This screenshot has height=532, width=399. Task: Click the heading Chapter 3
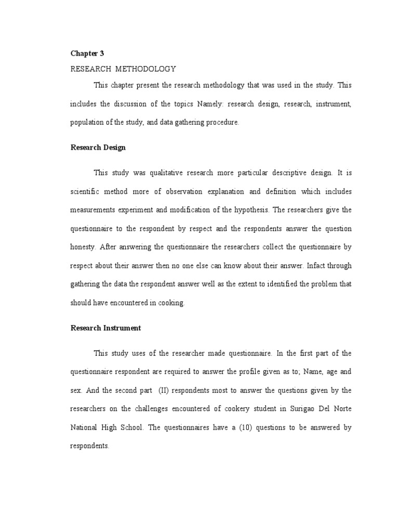click(x=84, y=53)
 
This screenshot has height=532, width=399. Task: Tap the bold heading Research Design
click(x=98, y=148)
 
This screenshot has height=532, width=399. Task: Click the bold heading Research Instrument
click(x=106, y=328)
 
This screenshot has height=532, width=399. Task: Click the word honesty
click(x=83, y=247)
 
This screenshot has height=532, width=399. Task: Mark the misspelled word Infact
click(x=316, y=265)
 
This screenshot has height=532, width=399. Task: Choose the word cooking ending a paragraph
click(x=171, y=303)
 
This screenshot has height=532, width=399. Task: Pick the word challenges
click(x=139, y=409)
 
